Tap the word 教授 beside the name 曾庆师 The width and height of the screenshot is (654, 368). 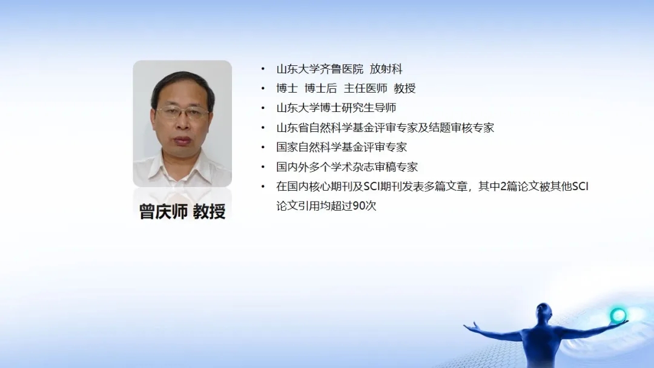[210, 211]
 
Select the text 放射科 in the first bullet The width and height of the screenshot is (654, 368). [386, 69]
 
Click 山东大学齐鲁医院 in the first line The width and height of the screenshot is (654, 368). [320, 69]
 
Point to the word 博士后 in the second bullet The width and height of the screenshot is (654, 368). [321, 88]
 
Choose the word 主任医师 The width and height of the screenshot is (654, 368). [365, 88]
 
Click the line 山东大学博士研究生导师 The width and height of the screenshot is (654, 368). [336, 108]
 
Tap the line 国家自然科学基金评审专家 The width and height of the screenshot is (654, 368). [342, 147]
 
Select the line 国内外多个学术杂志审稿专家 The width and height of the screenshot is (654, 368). [347, 166]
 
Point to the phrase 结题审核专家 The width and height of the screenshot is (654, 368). [461, 128]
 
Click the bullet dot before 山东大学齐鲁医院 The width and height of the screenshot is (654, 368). [263, 69]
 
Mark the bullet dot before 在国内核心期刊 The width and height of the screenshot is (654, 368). [263, 186]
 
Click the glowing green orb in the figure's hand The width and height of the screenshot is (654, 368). [618, 315]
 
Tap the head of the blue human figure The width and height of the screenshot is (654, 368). [544, 311]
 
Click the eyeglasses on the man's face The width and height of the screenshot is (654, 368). [182, 112]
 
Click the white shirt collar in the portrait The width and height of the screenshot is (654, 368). [182, 164]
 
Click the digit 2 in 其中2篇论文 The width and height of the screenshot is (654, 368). [503, 186]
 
